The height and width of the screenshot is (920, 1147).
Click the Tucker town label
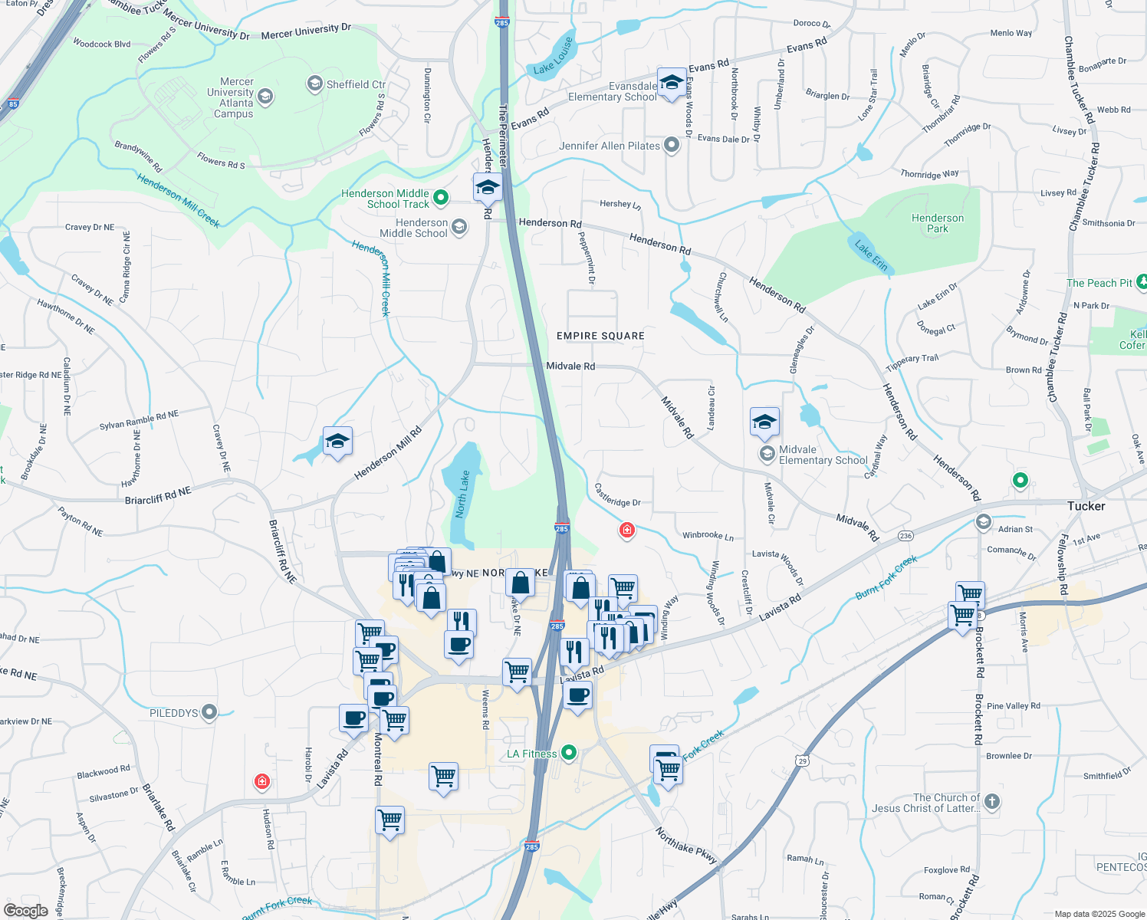pos(1086,506)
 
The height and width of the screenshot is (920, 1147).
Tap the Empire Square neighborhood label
pos(600,336)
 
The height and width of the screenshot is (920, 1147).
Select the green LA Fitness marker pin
pos(569,753)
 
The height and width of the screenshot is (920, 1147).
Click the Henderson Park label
pos(937,223)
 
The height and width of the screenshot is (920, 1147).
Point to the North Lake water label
pos(462,495)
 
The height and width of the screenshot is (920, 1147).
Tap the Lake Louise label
pos(553,57)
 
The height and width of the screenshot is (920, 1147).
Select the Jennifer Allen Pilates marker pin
pos(672,145)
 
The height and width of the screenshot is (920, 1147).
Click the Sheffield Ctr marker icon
pos(314,84)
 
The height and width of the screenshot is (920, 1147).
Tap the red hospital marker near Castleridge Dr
pos(627,530)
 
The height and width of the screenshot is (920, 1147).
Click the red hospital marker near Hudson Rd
pos(262,781)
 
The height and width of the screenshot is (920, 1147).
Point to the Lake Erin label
pos(871,256)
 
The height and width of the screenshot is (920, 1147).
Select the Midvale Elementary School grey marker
pos(767,454)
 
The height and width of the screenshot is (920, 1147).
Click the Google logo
pos(25,910)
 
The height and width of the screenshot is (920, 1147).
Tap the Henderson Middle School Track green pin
pos(441,198)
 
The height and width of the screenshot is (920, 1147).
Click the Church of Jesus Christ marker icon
pos(991,802)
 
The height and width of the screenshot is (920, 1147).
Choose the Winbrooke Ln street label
pos(708,536)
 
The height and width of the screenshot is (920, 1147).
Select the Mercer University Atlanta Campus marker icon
pos(265,97)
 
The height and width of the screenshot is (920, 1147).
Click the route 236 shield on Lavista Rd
pos(905,536)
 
